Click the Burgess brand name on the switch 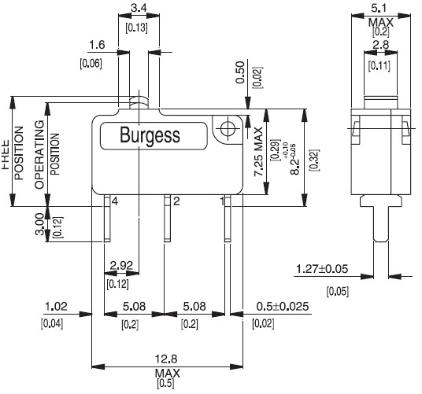click(150, 134)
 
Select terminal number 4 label click(115, 202)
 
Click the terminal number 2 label click(176, 202)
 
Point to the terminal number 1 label click(222, 202)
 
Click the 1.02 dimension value click(55, 307)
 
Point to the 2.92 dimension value click(120, 265)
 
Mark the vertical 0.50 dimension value click(240, 72)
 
